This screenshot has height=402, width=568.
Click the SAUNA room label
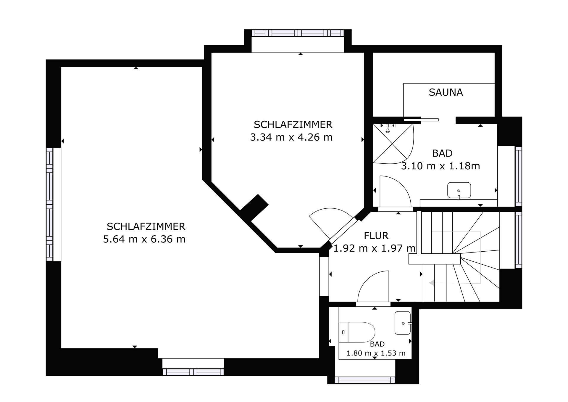[446, 92]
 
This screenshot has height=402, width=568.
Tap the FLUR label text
[376, 236]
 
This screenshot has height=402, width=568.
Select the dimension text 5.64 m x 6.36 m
[144, 239]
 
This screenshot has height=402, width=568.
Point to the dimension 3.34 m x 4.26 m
[291, 137]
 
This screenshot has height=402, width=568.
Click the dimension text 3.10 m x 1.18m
[440, 166]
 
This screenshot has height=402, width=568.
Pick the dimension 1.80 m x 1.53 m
[376, 353]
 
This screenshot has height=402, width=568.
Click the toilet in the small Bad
[357, 332]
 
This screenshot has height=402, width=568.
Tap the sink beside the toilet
[403, 323]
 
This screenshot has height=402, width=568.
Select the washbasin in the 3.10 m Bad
[459, 190]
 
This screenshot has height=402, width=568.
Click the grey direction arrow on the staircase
[432, 283]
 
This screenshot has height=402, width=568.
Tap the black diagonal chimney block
[254, 208]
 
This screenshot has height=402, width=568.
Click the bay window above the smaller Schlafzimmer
[298, 33]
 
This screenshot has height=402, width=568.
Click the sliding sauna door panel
[421, 120]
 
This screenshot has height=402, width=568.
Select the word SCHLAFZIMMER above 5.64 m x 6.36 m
[146, 226]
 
